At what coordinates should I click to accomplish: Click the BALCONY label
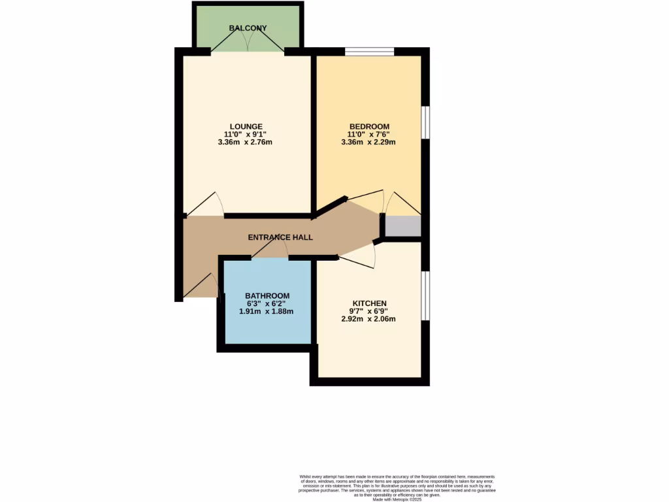click(x=248, y=28)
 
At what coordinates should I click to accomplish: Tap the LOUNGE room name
click(x=246, y=126)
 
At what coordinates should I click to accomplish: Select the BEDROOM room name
click(x=369, y=126)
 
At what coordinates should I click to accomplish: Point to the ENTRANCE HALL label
click(x=280, y=237)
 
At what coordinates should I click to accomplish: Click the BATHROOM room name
click(x=267, y=296)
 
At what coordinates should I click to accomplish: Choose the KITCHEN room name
click(x=369, y=303)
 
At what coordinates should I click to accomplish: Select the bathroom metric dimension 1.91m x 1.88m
click(x=267, y=312)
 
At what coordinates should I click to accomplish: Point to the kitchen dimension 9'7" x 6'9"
click(x=369, y=311)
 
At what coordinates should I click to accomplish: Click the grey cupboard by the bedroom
click(x=402, y=226)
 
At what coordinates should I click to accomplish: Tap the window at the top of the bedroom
click(x=369, y=52)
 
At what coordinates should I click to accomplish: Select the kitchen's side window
click(x=425, y=295)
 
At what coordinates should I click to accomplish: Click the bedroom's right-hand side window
click(x=425, y=122)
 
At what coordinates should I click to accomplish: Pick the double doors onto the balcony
click(x=247, y=43)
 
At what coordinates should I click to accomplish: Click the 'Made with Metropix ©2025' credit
click(x=397, y=500)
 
